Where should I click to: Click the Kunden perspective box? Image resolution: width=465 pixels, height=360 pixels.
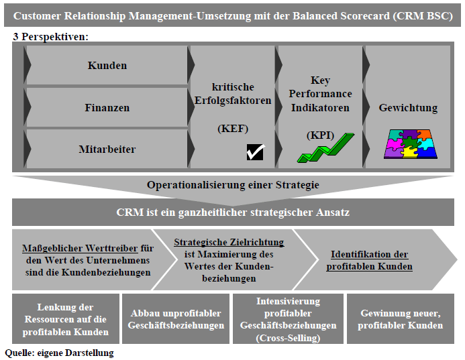[107, 66]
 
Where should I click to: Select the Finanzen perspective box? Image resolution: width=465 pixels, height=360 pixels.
[107, 107]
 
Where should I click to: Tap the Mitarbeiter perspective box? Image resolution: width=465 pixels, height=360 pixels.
[107, 149]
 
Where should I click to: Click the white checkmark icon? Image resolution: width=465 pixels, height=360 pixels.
[255, 152]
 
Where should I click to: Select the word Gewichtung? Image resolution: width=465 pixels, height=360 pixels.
[408, 107]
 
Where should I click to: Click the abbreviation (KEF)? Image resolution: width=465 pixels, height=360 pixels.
[233, 129]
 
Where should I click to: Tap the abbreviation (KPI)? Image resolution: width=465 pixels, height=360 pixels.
[321, 135]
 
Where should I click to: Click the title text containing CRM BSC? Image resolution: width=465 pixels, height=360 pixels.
[232, 15]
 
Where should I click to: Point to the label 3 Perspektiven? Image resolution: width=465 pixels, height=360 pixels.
[50, 36]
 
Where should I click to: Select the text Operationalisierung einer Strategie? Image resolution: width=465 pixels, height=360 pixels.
[233, 185]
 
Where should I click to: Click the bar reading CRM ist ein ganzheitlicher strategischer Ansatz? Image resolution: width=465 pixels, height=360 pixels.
[233, 213]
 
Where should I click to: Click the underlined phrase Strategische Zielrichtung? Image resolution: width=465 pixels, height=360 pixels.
[229, 243]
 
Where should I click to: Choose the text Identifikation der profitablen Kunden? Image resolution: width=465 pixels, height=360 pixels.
[369, 260]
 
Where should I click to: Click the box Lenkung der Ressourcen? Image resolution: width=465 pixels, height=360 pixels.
[66, 319]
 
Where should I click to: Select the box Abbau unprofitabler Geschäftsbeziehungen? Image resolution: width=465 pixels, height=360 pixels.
[176, 319]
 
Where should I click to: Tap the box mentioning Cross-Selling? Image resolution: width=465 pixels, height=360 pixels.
[288, 319]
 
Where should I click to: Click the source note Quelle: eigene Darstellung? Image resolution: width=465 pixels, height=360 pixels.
[59, 353]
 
